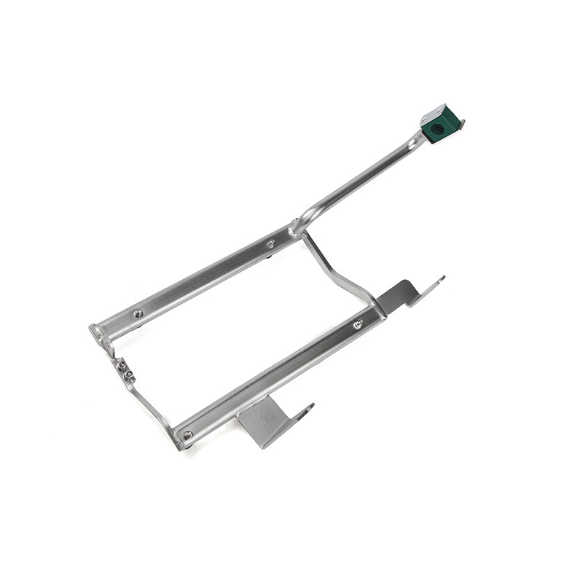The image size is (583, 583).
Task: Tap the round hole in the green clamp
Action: pos(439,128)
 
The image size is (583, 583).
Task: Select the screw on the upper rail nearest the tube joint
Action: pos(270,243)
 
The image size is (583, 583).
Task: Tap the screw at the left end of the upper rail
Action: pos(138,313)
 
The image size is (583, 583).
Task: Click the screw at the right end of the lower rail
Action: pos(359,324)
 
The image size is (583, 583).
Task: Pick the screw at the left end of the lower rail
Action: pos(189,435)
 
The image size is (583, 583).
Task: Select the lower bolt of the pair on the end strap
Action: pos(129,376)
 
